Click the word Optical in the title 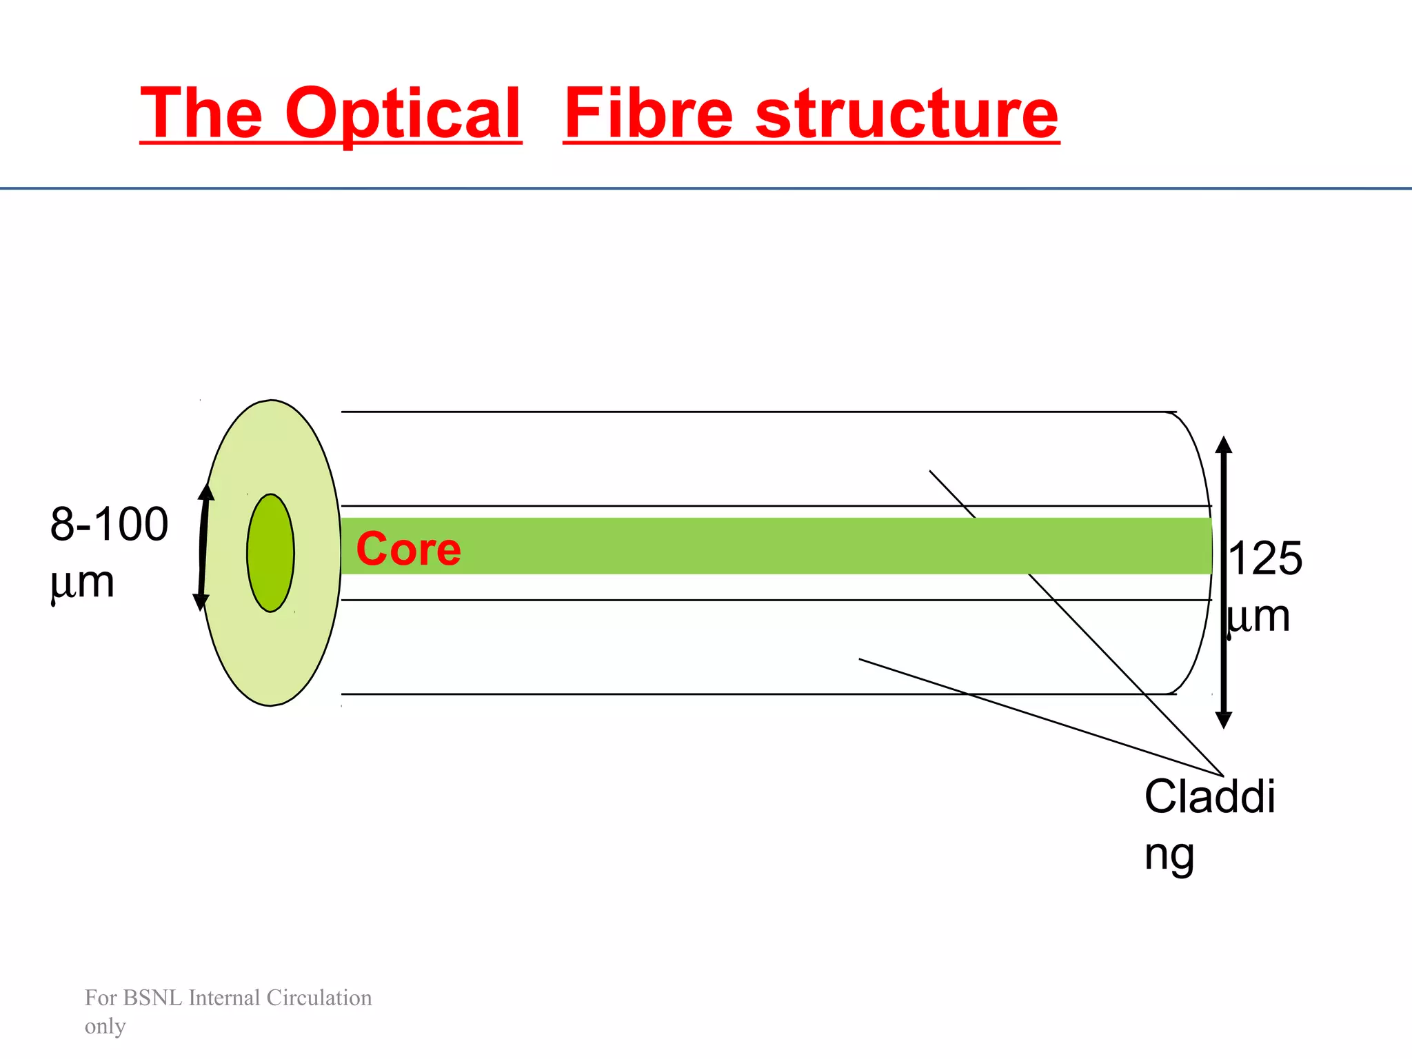tap(403, 114)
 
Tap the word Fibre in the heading tap(647, 114)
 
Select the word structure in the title tap(907, 114)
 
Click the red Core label tap(408, 549)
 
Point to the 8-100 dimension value tap(109, 525)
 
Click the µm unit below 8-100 tap(82, 583)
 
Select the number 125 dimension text tap(1265, 558)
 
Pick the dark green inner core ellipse tap(271, 553)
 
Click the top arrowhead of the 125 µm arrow tap(1224, 445)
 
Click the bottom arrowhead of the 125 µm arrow tap(1224, 720)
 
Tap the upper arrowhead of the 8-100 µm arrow tap(206, 491)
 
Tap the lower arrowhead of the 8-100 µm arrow tap(201, 603)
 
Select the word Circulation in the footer tap(319, 998)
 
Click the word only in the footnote tap(105, 1027)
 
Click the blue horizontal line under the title tap(706, 188)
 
